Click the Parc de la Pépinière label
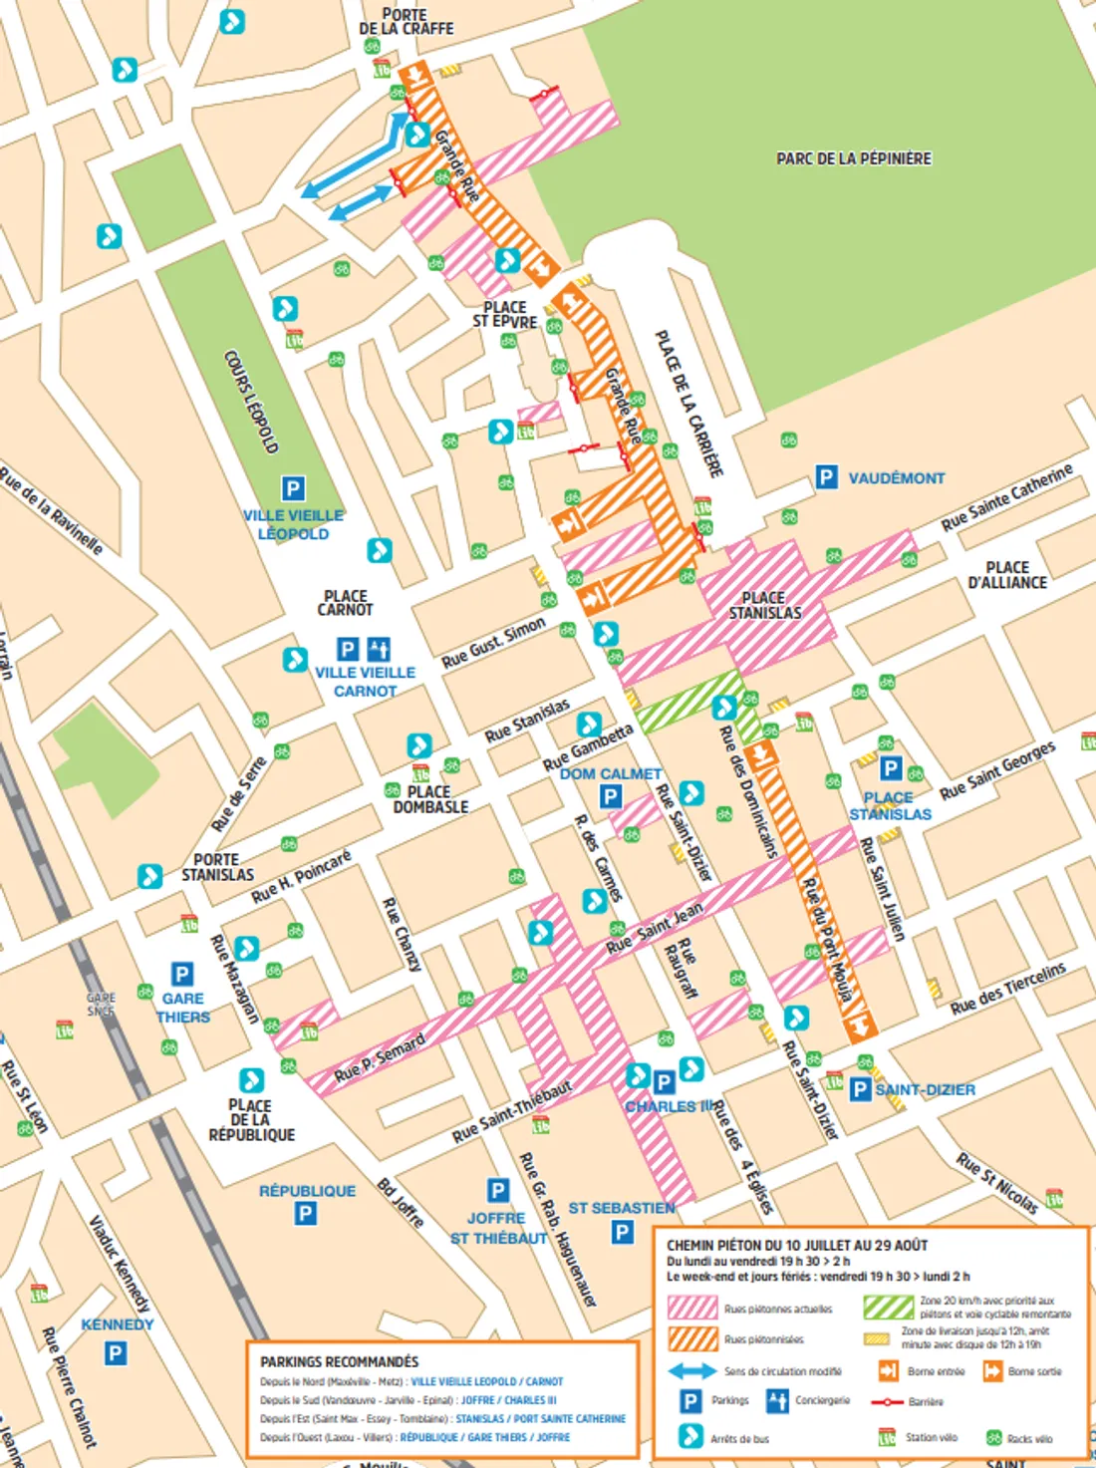coord(854,158)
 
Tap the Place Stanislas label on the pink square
coord(764,605)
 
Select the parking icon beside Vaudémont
coord(826,477)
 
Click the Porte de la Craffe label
coord(406,22)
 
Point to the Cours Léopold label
coord(250,402)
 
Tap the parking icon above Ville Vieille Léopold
coord(292,488)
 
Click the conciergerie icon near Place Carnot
coord(379,650)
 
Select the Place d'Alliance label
coord(1006,575)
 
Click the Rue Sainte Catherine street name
coord(1006,496)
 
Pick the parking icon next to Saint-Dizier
coord(860,1089)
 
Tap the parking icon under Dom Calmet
coord(611,796)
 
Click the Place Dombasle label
coord(430,799)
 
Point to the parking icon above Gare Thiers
coord(181,974)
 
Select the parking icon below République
coord(306,1214)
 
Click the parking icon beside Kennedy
coord(116,1352)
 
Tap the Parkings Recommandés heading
coord(339,1361)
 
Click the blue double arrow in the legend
coord(691,1371)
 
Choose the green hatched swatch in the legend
coord(888,1307)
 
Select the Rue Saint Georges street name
coord(997,770)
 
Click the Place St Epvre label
coord(504,315)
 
